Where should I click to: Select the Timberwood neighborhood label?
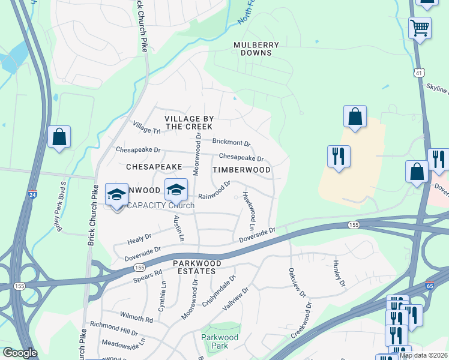pyautogui.click(x=241, y=170)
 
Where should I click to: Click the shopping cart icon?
pyautogui.click(x=420, y=27)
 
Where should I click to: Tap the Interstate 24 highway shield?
pyautogui.click(x=32, y=194)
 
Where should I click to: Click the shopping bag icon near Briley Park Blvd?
pyautogui.click(x=59, y=137)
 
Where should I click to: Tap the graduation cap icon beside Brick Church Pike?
pyautogui.click(x=116, y=194)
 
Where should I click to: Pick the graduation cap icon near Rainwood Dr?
pyautogui.click(x=176, y=189)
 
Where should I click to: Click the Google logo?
pyautogui.click(x=20, y=353)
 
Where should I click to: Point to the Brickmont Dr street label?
pyautogui.click(x=231, y=143)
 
